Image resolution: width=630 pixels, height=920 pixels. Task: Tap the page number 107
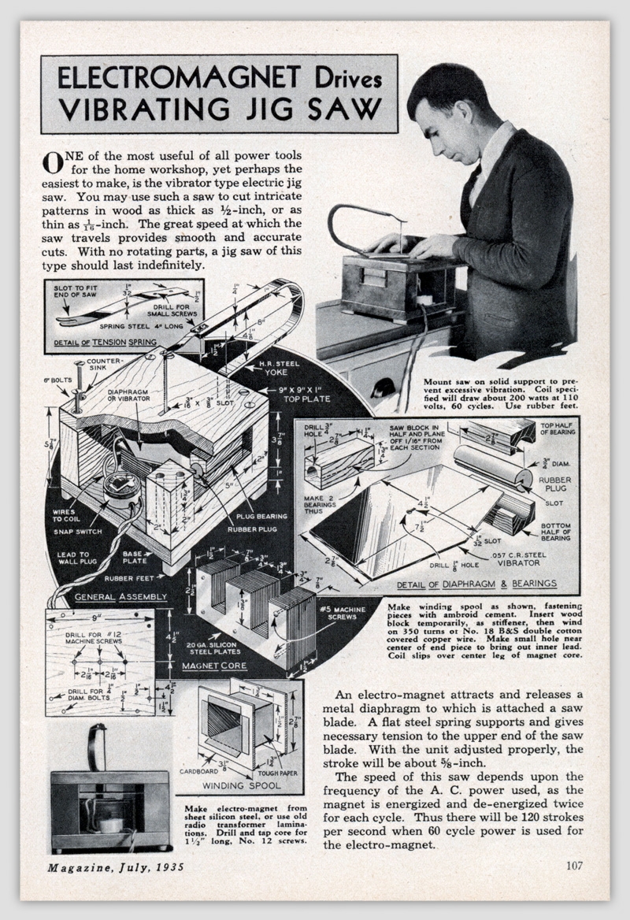click(574, 866)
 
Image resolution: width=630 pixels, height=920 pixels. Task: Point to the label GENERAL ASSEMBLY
click(120, 597)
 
